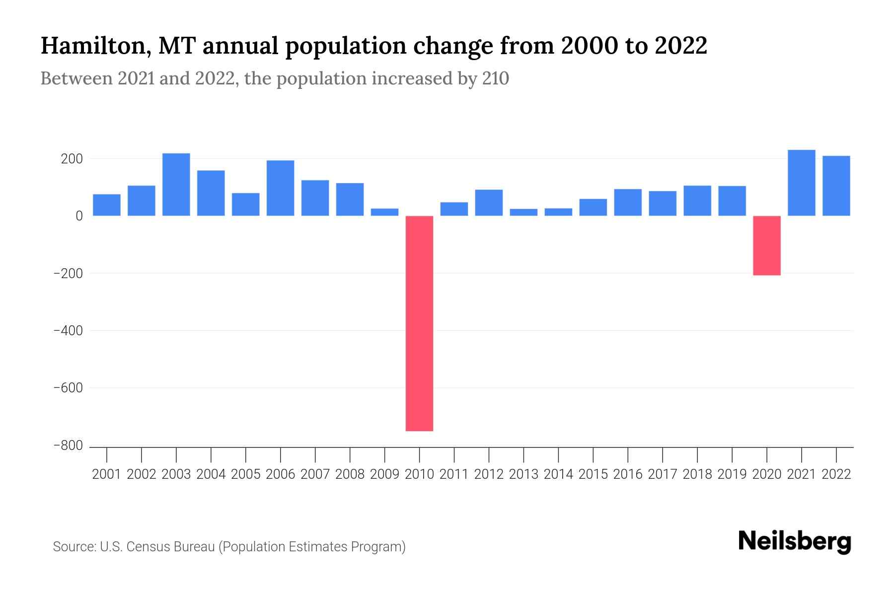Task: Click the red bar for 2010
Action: point(419,323)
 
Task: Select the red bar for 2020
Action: point(766,245)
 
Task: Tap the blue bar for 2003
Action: point(176,184)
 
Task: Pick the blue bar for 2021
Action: point(801,183)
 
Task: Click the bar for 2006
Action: point(281,188)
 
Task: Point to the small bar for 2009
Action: point(385,212)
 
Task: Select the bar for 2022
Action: point(836,186)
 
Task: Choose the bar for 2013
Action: point(523,212)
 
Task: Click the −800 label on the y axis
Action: point(68,446)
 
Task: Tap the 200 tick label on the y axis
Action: point(72,159)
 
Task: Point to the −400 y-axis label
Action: point(68,330)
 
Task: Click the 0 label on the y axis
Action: point(79,216)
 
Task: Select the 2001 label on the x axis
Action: point(107,474)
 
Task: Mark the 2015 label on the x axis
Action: point(593,474)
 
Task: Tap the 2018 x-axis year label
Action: point(697,474)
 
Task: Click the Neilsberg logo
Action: point(794,541)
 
